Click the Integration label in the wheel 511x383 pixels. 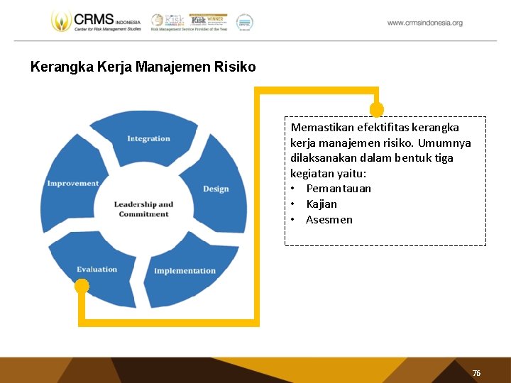148,138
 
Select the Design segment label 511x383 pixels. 216,189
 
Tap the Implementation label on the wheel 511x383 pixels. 185,271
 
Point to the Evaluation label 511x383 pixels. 97,270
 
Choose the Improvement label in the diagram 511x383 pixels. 73,184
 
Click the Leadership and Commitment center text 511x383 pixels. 143,209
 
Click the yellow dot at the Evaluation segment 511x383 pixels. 82,286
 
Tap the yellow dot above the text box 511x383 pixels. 377,109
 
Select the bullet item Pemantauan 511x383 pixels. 339,189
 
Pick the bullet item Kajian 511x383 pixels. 322,204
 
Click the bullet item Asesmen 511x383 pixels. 329,220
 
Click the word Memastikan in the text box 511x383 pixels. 322,128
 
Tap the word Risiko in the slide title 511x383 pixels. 238,68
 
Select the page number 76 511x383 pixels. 476,373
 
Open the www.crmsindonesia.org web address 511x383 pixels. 424,23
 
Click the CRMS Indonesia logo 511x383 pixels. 96,21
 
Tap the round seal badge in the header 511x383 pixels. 244,22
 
